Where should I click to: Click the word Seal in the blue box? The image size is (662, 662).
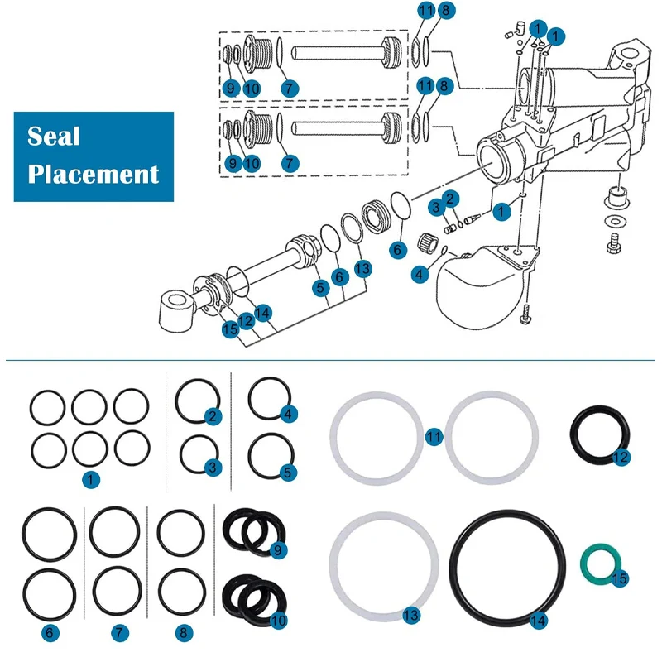pyautogui.click(x=54, y=137)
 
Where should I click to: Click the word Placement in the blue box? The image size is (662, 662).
pyautogui.click(x=94, y=174)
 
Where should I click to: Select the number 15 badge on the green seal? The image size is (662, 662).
pyautogui.click(x=620, y=578)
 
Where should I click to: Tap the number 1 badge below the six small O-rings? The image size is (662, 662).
pyautogui.click(x=89, y=478)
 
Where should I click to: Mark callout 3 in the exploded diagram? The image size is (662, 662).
pyautogui.click(x=434, y=206)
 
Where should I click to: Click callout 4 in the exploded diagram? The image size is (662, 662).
pyautogui.click(x=420, y=272)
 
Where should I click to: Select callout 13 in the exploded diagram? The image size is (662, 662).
pyautogui.click(x=362, y=268)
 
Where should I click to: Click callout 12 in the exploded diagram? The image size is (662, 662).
pyautogui.click(x=246, y=319)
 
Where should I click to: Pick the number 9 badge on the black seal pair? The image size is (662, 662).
pyautogui.click(x=278, y=549)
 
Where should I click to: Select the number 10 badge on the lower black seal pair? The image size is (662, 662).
pyautogui.click(x=278, y=619)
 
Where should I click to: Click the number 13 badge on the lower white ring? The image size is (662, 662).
pyautogui.click(x=411, y=616)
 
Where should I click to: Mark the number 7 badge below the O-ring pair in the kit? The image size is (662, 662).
pyautogui.click(x=121, y=633)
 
